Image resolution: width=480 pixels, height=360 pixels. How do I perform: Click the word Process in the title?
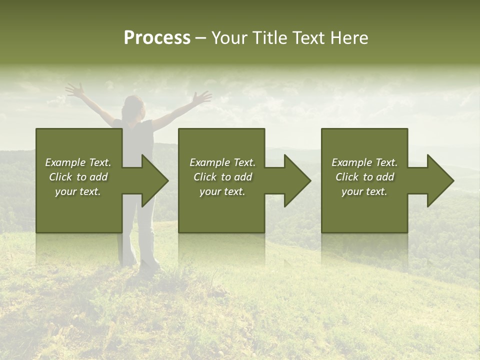(157, 38)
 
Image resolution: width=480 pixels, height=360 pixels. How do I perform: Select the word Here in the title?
(349, 38)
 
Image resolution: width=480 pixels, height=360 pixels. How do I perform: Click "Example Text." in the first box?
(78, 162)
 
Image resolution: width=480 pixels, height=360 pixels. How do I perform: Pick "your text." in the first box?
(78, 191)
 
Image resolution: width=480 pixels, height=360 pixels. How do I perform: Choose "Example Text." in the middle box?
(222, 162)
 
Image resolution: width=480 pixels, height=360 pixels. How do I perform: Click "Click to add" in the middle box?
(222, 177)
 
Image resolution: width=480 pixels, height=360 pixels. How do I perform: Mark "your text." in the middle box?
(222, 191)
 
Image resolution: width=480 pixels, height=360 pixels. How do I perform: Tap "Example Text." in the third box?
(364, 162)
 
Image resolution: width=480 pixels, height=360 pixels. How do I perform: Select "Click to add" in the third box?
(364, 177)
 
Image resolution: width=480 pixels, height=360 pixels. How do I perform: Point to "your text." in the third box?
(364, 191)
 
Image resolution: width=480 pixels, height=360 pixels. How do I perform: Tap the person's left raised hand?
(75, 90)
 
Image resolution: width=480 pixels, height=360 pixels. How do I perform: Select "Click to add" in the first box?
(78, 177)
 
